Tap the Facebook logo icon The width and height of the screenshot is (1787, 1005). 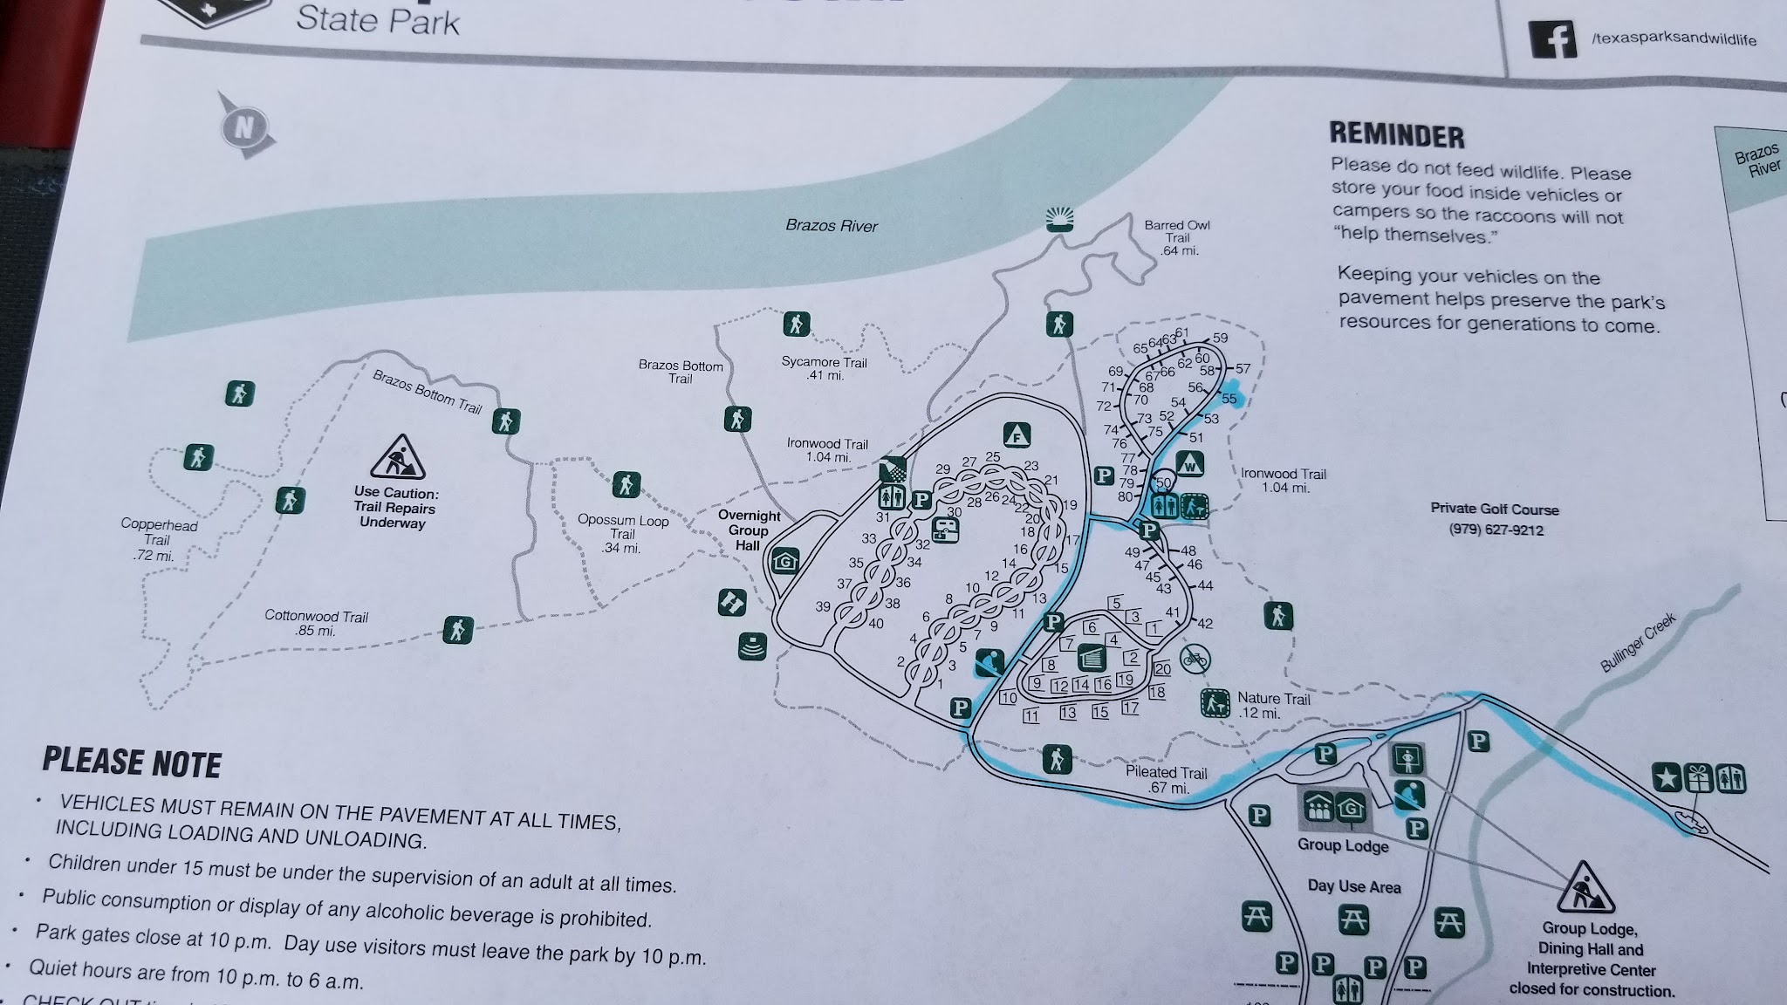[1553, 39]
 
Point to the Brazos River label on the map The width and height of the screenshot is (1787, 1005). [832, 225]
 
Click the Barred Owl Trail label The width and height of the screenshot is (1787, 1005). [1177, 237]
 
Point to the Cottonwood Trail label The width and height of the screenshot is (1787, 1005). [316, 623]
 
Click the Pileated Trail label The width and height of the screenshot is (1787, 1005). [1167, 779]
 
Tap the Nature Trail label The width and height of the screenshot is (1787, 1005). [1273, 705]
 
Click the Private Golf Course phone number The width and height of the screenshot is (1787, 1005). [1496, 530]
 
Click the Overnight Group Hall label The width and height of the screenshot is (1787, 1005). [749, 530]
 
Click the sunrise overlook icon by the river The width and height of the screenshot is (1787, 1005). [1059, 220]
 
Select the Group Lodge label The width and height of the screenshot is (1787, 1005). [1342, 844]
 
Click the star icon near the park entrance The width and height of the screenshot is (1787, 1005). [1666, 776]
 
